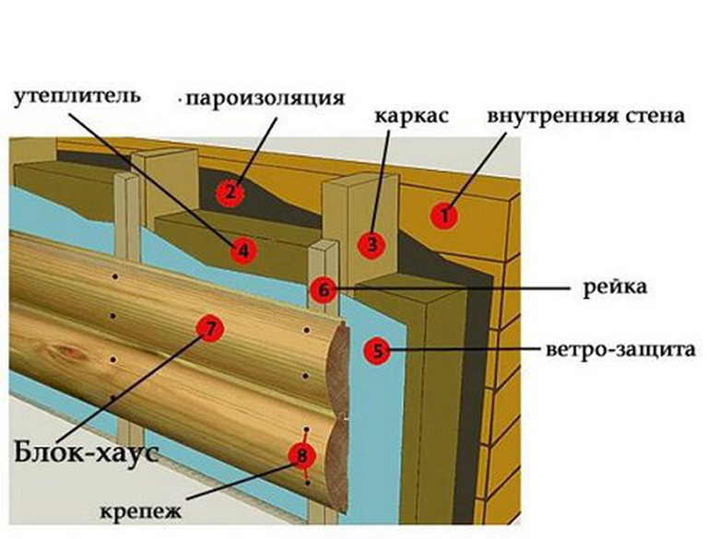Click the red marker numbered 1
click(445, 216)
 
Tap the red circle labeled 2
click(229, 193)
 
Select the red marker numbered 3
click(372, 243)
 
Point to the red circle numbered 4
click(242, 249)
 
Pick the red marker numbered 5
click(376, 350)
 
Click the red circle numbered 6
click(323, 289)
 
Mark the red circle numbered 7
click(210, 327)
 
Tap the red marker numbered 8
click(301, 454)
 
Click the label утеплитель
click(76, 96)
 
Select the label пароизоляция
click(265, 98)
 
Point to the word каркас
click(412, 118)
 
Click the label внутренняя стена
click(585, 118)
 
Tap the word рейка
click(615, 287)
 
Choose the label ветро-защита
click(612, 350)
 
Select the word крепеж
click(144, 510)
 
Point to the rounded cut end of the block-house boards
click(339, 415)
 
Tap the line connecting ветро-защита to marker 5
click(461, 350)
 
